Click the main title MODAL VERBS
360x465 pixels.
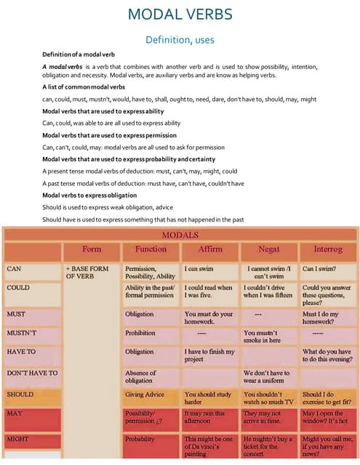click(180, 15)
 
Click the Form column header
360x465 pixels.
click(92, 249)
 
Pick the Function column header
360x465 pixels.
click(151, 249)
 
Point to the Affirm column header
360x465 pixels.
click(210, 249)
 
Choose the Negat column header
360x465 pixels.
click(269, 249)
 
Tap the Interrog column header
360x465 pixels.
click(327, 249)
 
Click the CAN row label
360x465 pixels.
click(15, 268)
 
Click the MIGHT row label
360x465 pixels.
click(17, 440)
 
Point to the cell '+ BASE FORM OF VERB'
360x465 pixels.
click(87, 272)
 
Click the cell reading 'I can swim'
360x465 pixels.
click(199, 268)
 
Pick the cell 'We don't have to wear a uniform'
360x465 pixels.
click(269, 378)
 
